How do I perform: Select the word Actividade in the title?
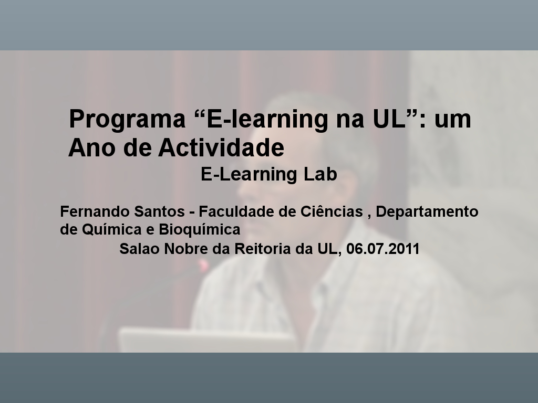[221, 147]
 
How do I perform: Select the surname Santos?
[160, 211]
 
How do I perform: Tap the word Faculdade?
[236, 211]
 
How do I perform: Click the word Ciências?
[332, 211]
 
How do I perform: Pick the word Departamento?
[427, 212]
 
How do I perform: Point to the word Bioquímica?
[199, 230]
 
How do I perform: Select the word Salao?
[139, 248]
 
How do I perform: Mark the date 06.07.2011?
[383, 248]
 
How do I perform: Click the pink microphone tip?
[203, 266]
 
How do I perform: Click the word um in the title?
[452, 120]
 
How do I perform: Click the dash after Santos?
[192, 213]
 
